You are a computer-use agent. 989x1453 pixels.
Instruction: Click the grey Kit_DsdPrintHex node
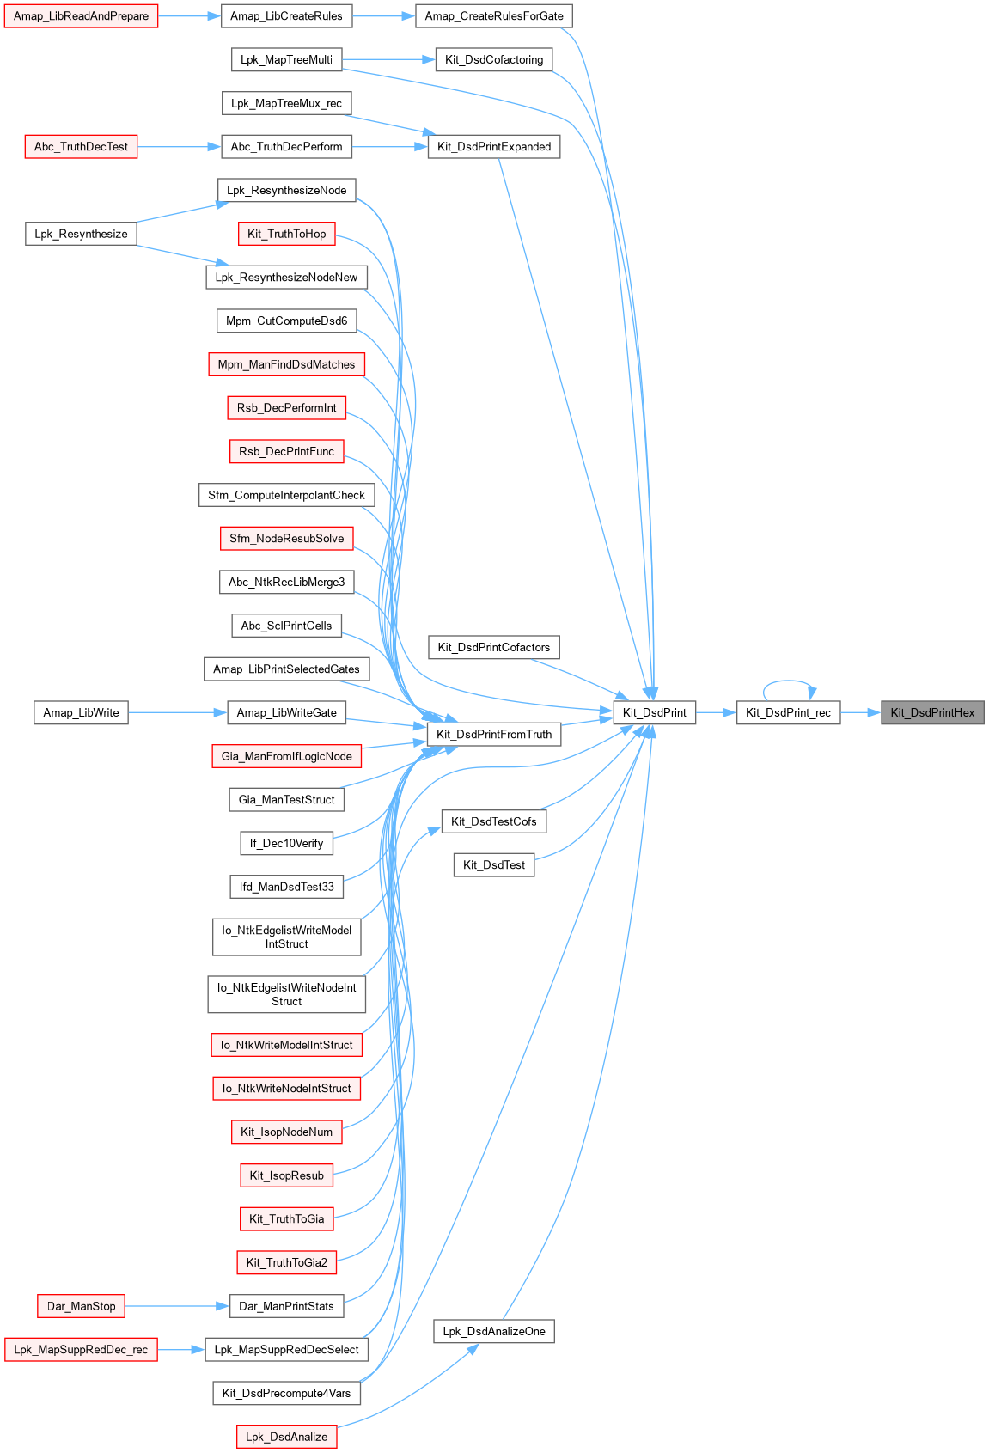(932, 712)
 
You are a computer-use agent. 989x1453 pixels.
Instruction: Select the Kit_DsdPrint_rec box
(788, 712)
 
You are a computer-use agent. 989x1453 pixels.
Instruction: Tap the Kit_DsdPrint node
(654, 712)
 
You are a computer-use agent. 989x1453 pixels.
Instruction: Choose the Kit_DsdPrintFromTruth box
(494, 734)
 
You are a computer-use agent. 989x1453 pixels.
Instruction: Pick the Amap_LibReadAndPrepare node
(81, 16)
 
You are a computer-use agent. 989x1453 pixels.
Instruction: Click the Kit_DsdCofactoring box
(494, 59)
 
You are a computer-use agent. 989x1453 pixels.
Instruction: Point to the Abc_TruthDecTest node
(81, 147)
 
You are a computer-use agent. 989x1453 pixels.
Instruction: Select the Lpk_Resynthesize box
(81, 234)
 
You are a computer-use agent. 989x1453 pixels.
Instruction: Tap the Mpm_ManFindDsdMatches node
(286, 364)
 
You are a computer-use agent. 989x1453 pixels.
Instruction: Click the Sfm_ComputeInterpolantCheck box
(286, 495)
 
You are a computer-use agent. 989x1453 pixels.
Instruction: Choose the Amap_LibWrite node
(81, 712)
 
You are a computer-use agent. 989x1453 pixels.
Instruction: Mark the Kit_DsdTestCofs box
(494, 821)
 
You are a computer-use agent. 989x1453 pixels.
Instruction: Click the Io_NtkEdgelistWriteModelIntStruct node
(286, 937)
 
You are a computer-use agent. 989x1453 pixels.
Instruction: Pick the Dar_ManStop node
(81, 1306)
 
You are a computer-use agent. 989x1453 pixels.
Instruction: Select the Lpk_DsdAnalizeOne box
(494, 1331)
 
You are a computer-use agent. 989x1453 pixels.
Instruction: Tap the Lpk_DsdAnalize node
(286, 1437)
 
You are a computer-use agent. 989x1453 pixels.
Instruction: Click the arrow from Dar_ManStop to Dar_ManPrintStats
(177, 1306)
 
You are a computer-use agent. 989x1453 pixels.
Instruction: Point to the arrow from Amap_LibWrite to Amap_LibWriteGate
(177, 712)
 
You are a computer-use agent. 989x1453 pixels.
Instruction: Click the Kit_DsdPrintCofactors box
(494, 647)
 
